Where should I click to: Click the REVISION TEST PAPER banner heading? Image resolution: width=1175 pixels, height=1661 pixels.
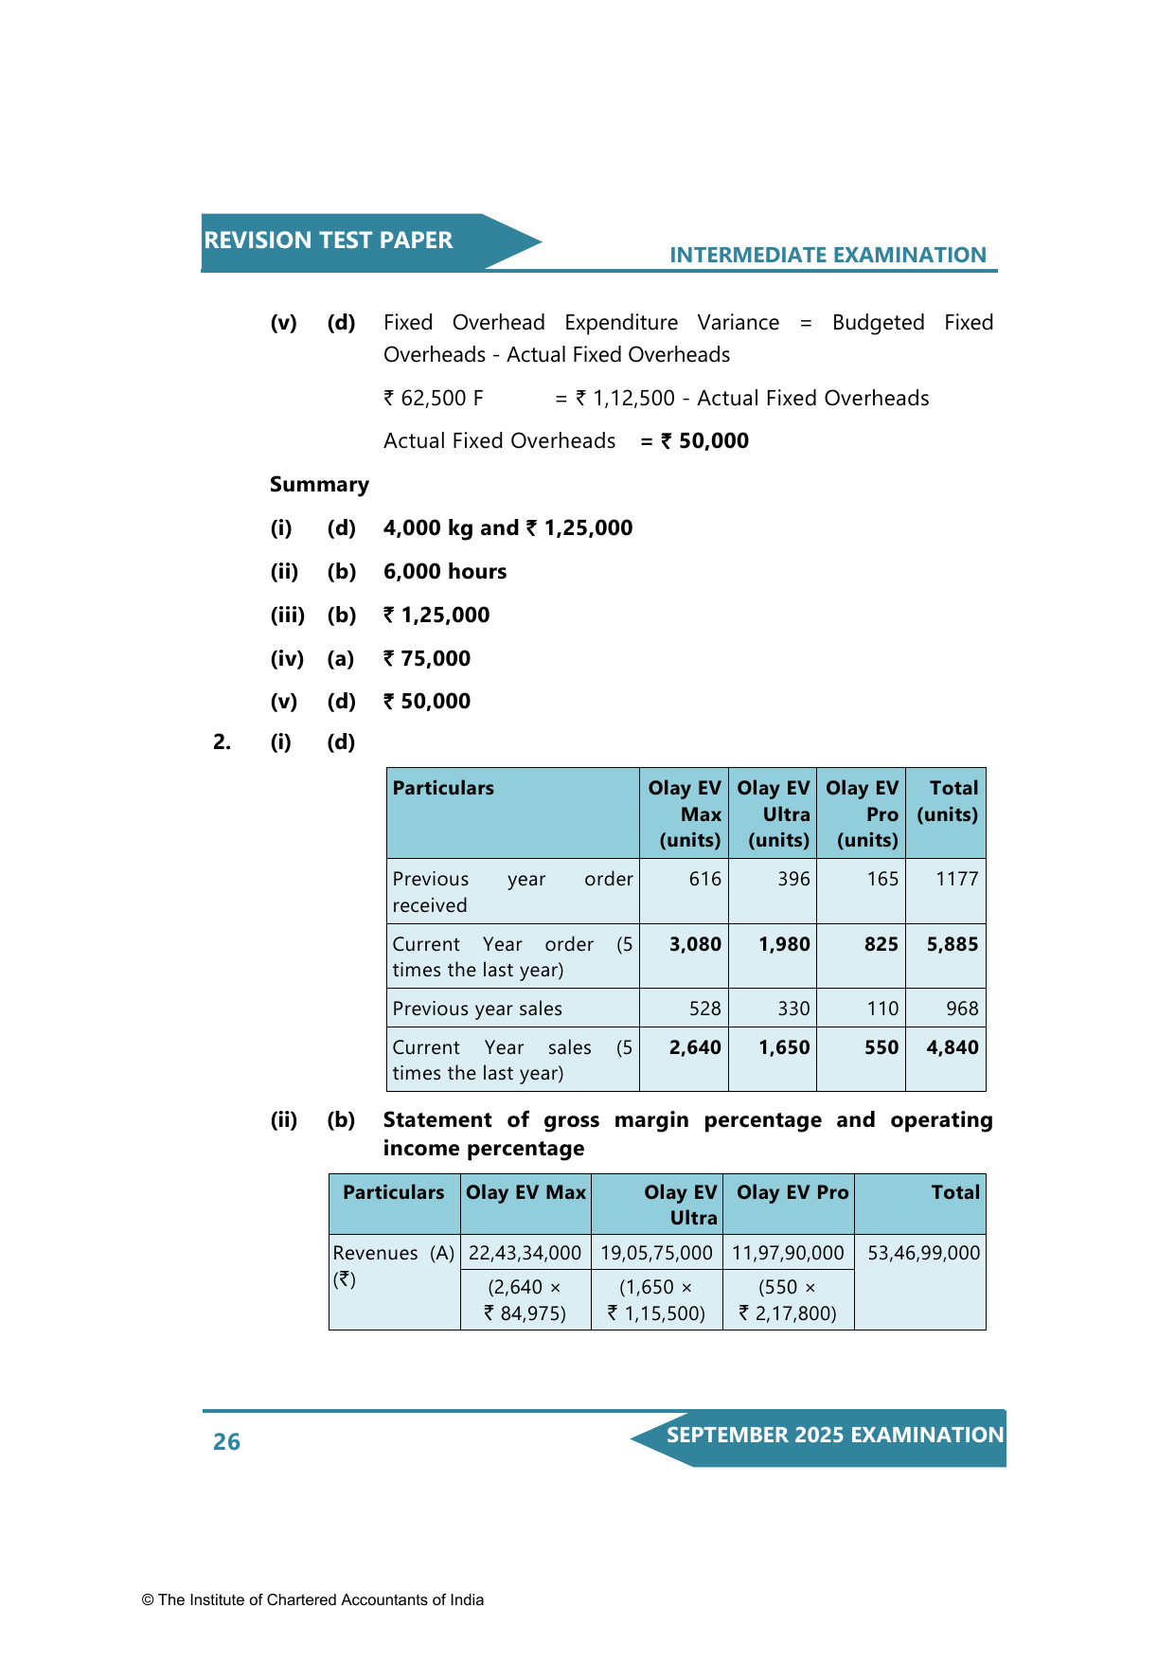328,241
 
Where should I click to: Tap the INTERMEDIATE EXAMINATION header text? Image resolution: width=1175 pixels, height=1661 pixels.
828,255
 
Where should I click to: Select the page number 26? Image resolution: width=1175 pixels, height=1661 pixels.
226,1441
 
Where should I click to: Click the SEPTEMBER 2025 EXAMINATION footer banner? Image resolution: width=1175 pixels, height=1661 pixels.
834,1435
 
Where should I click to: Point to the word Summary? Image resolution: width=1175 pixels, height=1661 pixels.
319,485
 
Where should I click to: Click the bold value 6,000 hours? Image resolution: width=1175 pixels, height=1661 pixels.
445,572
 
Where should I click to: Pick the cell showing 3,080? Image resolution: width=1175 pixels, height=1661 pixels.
695,944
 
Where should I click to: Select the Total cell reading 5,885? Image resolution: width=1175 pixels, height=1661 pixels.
952,944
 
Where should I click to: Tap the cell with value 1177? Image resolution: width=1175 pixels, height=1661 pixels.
956,879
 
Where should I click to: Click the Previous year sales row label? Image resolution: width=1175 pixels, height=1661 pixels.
477,1009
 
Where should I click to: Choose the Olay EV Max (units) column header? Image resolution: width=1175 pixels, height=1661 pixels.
685,813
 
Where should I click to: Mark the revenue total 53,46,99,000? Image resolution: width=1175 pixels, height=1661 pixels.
923,1253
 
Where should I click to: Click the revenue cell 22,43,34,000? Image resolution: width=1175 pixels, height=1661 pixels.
525,1253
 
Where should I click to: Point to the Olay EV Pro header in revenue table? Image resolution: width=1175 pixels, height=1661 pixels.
792,1192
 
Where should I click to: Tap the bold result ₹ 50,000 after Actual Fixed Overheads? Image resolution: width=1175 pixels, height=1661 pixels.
704,441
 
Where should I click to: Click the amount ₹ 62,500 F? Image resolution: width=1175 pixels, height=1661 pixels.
434,399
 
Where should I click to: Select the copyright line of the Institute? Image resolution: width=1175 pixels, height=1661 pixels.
312,1599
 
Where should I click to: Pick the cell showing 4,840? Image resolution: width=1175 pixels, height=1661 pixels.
952,1047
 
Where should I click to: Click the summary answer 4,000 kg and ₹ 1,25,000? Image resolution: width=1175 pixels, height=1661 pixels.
507,528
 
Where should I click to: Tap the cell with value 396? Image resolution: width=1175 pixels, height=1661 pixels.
793,879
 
